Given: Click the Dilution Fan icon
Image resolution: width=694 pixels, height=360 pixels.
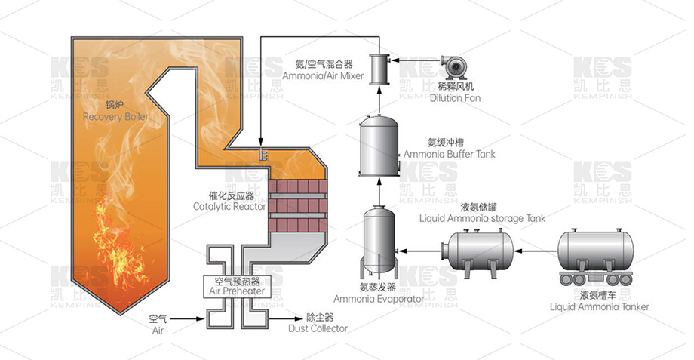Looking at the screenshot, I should (454, 69).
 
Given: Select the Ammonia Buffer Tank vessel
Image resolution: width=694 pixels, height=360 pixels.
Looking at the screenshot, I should (379, 145).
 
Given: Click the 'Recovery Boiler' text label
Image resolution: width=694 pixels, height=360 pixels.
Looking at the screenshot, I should (115, 118).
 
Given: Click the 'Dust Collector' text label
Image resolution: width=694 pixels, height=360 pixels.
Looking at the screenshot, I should (318, 328).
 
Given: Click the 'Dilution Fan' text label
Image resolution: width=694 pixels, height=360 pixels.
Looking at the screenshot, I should (455, 98).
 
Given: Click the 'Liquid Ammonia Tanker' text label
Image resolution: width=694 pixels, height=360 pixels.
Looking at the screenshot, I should (599, 306).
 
